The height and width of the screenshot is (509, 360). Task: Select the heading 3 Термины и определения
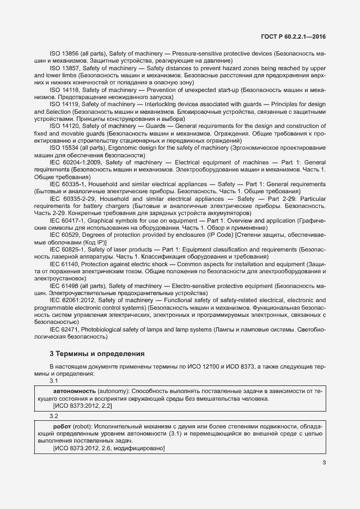96,353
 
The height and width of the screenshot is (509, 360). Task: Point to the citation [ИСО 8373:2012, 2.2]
82,406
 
